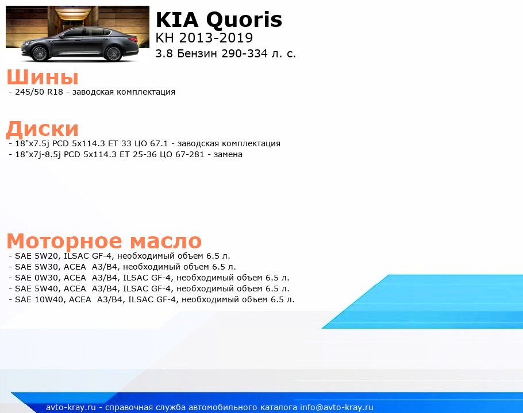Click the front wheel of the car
click(40, 53)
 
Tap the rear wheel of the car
click(113, 53)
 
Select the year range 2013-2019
click(216, 38)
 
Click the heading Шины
click(43, 77)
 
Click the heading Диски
click(43, 128)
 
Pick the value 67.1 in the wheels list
click(159, 143)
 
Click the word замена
click(228, 154)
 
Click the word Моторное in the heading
click(64, 241)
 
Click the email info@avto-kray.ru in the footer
click(337, 407)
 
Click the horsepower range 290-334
click(244, 53)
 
